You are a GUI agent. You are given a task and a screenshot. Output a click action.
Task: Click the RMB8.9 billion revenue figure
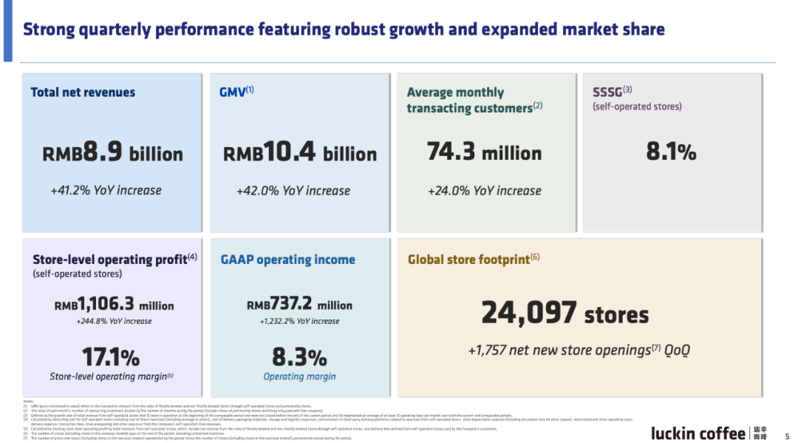[112, 154]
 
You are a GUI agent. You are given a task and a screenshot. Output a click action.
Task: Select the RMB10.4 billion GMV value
[299, 154]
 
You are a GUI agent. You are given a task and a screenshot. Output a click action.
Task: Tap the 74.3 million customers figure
[484, 153]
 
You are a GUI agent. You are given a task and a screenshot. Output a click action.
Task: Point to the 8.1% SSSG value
[671, 152]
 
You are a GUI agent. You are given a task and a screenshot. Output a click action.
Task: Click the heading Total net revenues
[83, 92]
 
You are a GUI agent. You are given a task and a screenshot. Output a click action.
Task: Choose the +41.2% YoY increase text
[106, 190]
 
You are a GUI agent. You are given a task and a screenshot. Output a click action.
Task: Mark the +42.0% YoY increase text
[293, 191]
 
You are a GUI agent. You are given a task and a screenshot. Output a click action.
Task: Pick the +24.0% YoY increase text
[484, 191]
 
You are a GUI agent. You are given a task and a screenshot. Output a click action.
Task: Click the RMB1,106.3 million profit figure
[114, 305]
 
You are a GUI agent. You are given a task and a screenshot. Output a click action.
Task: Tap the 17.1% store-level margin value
[111, 357]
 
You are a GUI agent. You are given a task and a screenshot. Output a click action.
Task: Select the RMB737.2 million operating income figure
[299, 305]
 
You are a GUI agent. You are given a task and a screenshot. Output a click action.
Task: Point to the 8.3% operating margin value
[299, 357]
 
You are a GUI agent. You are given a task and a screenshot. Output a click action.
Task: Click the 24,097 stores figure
[565, 314]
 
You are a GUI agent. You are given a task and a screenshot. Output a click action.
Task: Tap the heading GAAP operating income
[287, 260]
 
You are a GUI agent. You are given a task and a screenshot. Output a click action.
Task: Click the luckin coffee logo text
[698, 433]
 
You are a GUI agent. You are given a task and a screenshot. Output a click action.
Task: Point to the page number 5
[787, 436]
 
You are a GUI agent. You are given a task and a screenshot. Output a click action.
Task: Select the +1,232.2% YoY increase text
[299, 322]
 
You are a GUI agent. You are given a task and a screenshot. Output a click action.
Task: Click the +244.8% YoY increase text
[114, 322]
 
